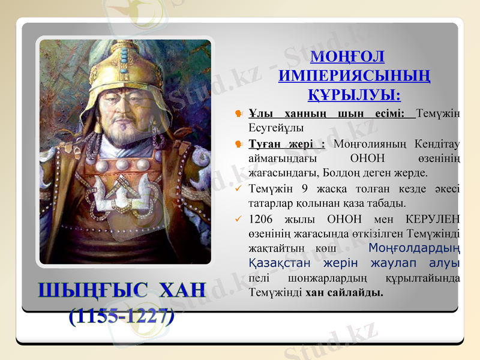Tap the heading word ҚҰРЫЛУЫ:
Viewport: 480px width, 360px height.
(355, 95)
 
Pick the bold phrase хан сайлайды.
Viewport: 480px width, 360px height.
(344, 293)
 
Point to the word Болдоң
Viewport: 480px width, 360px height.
(342, 173)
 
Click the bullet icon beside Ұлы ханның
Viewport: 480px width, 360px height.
(239, 113)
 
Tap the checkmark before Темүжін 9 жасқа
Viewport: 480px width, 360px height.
(239, 188)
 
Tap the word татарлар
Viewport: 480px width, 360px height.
(268, 203)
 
